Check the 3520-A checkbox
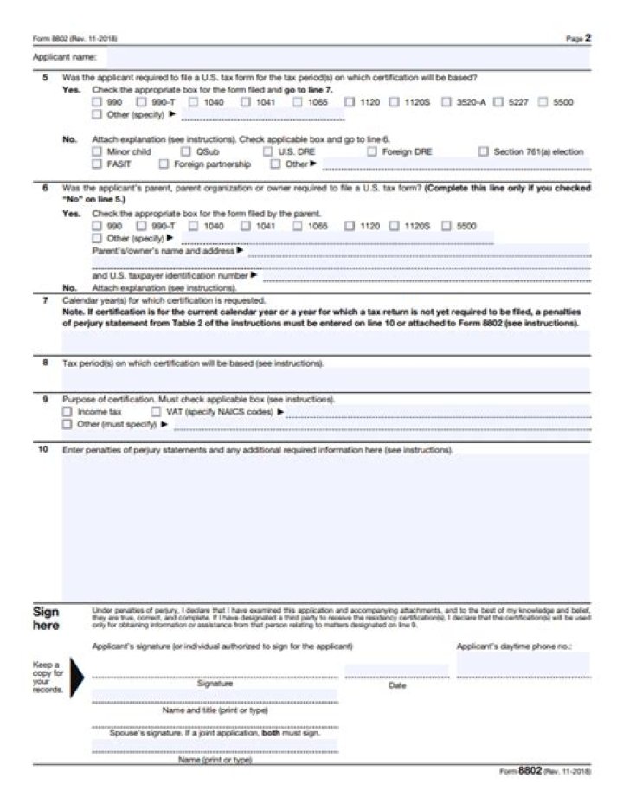pyautogui.click(x=446, y=102)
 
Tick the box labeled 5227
pyautogui.click(x=500, y=102)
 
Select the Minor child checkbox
pyautogui.click(x=97, y=151)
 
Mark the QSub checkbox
pyautogui.click(x=185, y=151)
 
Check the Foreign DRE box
pyautogui.click(x=371, y=151)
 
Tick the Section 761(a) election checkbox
pyautogui.click(x=484, y=151)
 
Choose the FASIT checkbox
pyautogui.click(x=97, y=164)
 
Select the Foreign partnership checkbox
pyautogui.click(x=164, y=164)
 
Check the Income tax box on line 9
pyautogui.click(x=67, y=412)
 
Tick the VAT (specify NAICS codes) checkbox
pyautogui.click(x=156, y=412)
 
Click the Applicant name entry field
pyautogui.click(x=346, y=57)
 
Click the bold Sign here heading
pyautogui.click(x=46, y=618)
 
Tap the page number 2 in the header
pyautogui.click(x=588, y=38)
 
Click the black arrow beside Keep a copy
pyautogui.click(x=77, y=677)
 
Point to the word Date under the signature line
pyautogui.click(x=397, y=685)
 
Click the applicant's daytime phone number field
pyautogui.click(x=523, y=665)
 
